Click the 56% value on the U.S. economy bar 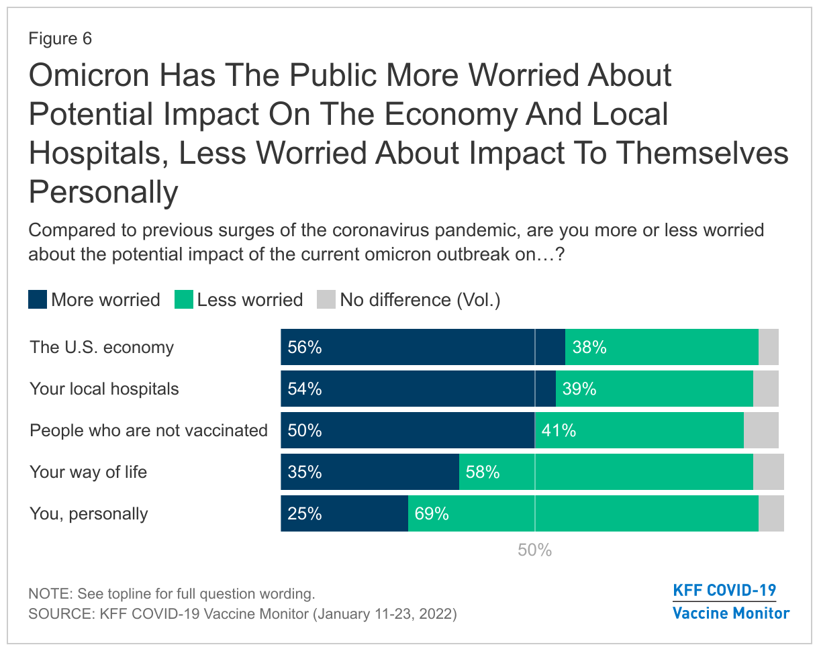305,348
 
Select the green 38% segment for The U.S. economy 661,348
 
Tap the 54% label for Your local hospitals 305,389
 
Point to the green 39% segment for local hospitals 655,389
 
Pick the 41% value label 559,431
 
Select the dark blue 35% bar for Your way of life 369,472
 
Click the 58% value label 483,472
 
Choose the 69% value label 432,514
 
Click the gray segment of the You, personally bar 771,514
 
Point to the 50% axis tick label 534,550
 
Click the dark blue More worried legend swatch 38,299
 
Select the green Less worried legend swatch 183,299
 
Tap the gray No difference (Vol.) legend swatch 326,299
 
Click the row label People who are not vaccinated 148,431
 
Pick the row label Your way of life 88,472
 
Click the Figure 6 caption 60,39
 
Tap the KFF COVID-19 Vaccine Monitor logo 730,602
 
